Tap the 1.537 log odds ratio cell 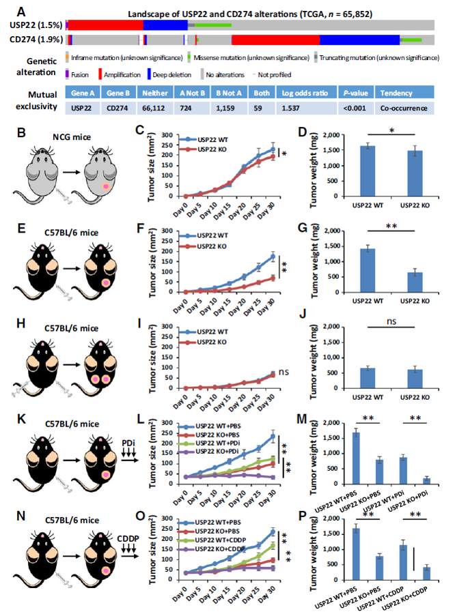pyautogui.click(x=298, y=108)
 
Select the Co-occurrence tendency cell pyautogui.click(x=402, y=108)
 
